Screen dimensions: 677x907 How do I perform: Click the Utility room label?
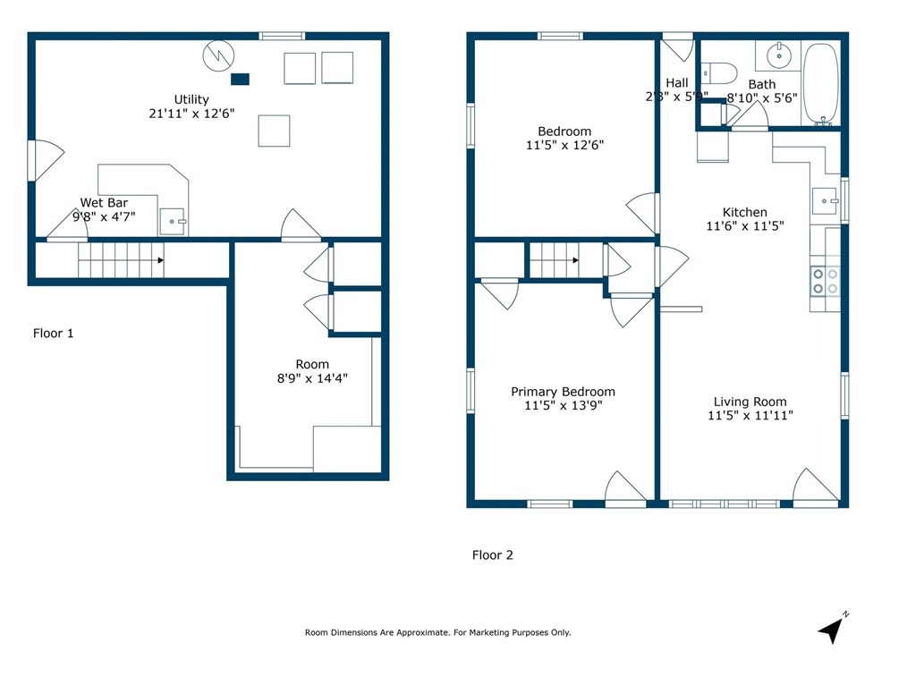click(191, 99)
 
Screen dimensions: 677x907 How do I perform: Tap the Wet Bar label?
click(104, 203)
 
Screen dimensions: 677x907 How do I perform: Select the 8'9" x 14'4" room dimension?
click(312, 378)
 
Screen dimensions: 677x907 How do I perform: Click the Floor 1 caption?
click(54, 334)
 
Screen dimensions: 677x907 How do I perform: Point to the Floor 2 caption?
click(493, 555)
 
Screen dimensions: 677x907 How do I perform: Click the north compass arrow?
click(833, 629)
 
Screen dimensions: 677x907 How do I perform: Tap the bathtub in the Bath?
click(820, 84)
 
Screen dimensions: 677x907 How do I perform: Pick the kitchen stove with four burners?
click(825, 281)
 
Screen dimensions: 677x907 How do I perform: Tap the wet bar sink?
click(173, 221)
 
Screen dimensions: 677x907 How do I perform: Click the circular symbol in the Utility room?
click(216, 56)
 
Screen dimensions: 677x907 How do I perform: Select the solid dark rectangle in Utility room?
click(240, 79)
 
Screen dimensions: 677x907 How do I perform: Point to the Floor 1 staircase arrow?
click(159, 260)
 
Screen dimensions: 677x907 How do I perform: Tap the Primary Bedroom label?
click(563, 392)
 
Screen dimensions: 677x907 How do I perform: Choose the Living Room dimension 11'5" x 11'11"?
click(750, 416)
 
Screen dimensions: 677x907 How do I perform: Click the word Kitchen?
click(745, 213)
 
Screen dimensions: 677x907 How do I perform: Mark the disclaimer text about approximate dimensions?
click(437, 632)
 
